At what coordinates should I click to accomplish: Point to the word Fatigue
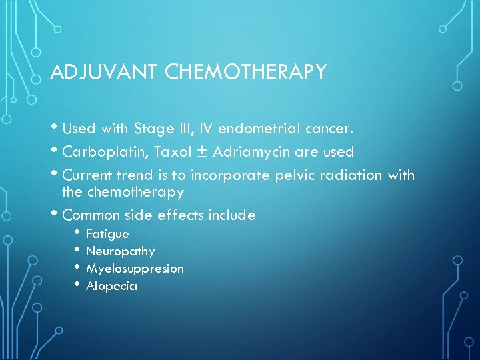coord(107,234)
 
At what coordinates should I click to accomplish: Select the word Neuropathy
coord(120,251)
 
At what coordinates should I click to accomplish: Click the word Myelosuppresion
coord(135,269)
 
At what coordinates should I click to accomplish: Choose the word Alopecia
coord(111,286)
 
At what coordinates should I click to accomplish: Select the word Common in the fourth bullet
coord(89,215)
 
